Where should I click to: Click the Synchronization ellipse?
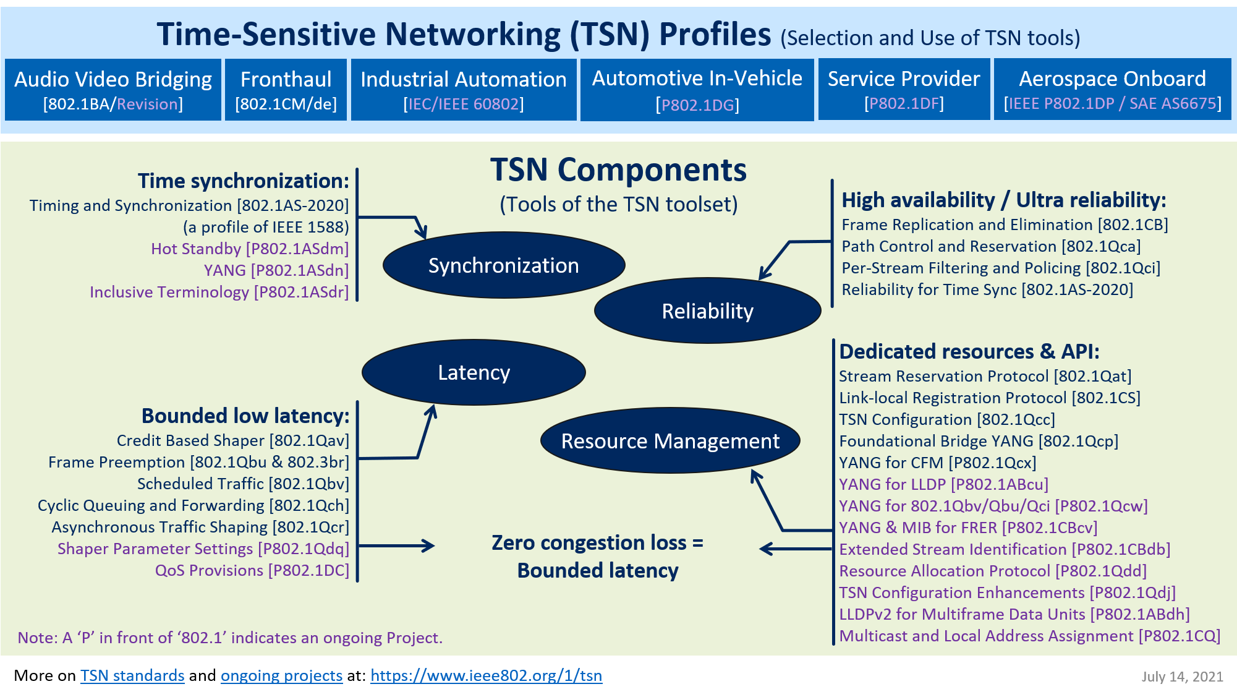[504, 265]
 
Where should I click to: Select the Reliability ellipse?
[707, 311]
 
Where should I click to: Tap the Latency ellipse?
[474, 372]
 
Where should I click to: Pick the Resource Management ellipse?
[670, 441]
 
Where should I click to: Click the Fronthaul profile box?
[286, 90]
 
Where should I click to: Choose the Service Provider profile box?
[904, 90]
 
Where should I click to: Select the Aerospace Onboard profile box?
[1112, 90]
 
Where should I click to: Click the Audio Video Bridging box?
[113, 90]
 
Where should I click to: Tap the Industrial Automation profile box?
[464, 90]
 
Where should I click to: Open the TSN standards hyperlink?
[132, 675]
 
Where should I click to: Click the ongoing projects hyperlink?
[281, 675]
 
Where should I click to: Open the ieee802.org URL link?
[486, 675]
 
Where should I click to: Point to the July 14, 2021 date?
[1182, 677]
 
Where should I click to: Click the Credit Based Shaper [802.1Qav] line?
[233, 440]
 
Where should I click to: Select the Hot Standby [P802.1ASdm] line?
[250, 249]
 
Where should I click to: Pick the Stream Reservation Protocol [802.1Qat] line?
[985, 376]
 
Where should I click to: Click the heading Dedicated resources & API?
[969, 351]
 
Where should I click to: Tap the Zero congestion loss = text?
[597, 542]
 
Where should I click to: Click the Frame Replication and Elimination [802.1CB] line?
[1005, 224]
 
